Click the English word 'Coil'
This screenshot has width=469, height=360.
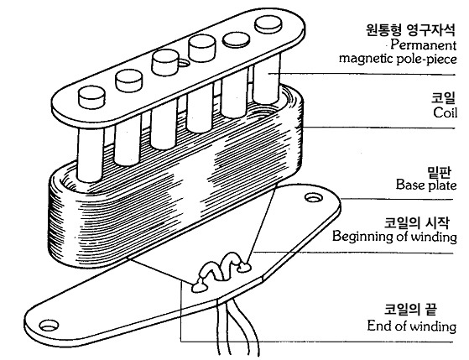[445, 112]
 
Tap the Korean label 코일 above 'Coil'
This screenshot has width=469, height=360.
[444, 97]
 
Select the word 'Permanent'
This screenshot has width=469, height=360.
[423, 45]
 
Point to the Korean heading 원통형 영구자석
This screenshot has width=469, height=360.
[411, 29]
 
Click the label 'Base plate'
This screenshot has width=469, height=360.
[426, 185]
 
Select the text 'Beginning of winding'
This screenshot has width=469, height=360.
[394, 237]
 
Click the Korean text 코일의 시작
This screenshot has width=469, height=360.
[417, 222]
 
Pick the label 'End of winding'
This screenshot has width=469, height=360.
[412, 326]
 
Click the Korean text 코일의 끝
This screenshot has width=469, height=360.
[410, 310]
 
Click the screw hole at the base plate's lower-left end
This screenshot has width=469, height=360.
[49, 326]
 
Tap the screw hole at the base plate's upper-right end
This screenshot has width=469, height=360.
[314, 198]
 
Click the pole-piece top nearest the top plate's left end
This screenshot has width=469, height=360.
[91, 97]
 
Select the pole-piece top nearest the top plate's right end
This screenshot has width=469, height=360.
[268, 24]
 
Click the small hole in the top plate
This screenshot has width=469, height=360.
[183, 63]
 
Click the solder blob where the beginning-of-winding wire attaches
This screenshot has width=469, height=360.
[244, 267]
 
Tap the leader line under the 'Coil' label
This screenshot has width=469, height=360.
[379, 128]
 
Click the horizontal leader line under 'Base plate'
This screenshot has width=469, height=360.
[397, 200]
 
